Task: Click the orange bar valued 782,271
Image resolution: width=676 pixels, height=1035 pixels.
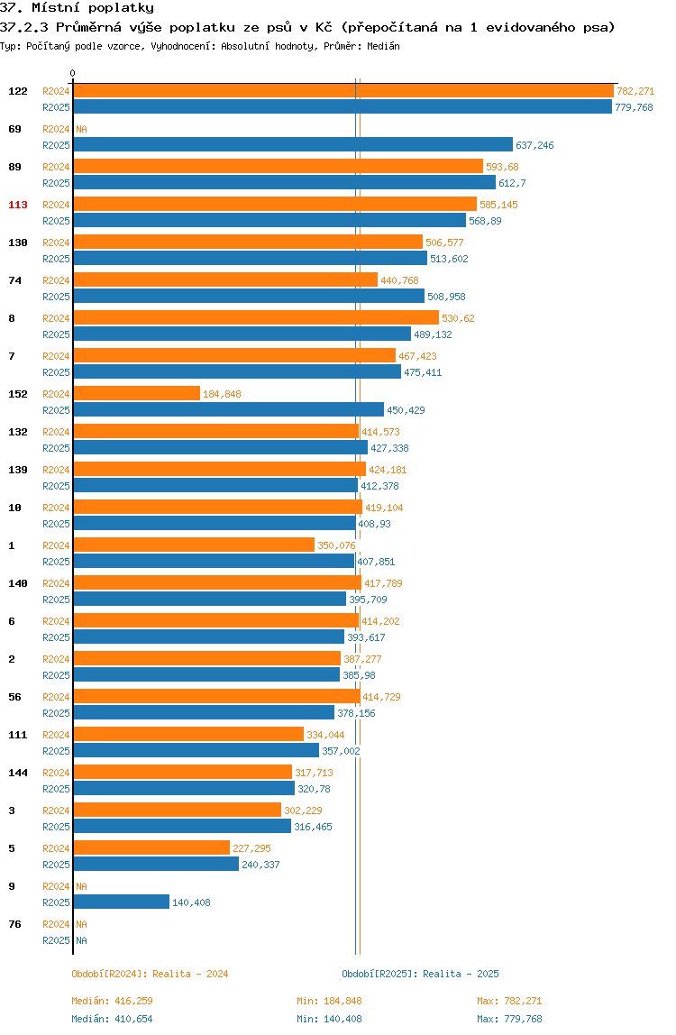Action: [343, 91]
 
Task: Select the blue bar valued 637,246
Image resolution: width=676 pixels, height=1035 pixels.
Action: [293, 144]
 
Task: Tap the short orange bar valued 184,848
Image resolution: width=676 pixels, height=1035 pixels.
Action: [137, 393]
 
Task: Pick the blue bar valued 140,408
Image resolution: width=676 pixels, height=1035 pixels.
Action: [122, 902]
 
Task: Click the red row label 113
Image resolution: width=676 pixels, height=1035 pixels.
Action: [18, 205]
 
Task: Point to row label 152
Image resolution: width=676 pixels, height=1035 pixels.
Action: [18, 394]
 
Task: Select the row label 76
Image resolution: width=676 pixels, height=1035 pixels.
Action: [14, 924]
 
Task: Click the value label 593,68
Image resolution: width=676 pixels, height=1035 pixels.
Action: [502, 167]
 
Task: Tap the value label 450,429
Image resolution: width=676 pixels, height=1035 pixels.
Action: [406, 410]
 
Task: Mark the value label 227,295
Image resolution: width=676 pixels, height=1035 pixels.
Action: [251, 848]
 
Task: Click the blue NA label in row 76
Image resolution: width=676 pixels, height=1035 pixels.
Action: [81, 940]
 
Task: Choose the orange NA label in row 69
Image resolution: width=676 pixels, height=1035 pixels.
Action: [81, 129]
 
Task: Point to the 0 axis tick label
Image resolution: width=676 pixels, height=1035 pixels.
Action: [73, 73]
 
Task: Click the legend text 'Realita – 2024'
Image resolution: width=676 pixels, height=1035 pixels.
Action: [190, 974]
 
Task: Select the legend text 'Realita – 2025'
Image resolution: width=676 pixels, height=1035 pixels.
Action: [461, 974]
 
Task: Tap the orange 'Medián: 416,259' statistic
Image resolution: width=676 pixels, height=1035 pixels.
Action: [113, 1001]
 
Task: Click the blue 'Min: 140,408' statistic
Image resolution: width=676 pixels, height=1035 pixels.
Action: [329, 1019]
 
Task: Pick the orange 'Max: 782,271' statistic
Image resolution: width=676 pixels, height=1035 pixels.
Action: [509, 1001]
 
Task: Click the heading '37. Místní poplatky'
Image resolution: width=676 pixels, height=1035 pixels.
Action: [77, 8]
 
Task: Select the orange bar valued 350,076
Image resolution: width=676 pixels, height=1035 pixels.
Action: [194, 545]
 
